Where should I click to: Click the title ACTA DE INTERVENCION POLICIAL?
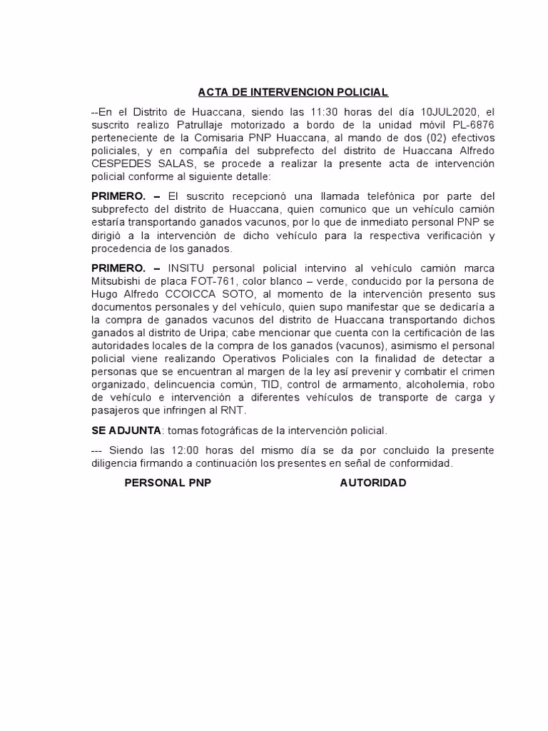[x=293, y=93]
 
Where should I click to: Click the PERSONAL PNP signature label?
[x=168, y=483]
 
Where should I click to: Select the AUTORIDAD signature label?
[x=373, y=483]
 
